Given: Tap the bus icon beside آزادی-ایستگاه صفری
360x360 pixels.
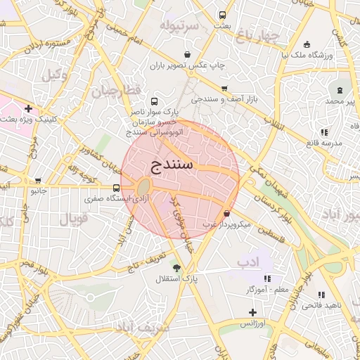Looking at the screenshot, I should [x=116, y=188].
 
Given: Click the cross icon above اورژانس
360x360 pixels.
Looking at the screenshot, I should [x=252, y=311].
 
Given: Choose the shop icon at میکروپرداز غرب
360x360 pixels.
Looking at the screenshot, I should [x=226, y=214].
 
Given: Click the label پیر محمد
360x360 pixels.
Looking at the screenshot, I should [x=340, y=101].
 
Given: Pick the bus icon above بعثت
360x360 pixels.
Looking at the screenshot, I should [x=223, y=15].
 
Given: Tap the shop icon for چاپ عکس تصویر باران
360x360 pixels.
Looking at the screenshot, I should [x=187, y=54].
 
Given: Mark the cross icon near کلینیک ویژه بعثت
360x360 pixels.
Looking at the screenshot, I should [x=28, y=109].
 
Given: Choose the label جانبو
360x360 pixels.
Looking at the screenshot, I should [x=37, y=190].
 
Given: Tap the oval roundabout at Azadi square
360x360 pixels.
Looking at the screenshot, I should [x=143, y=187].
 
